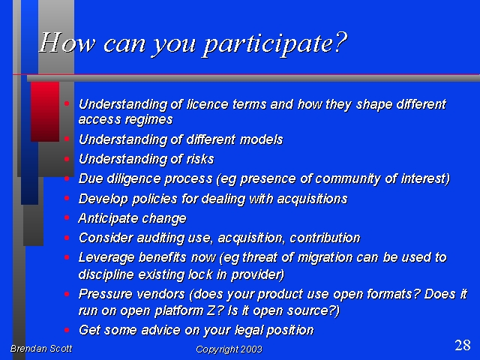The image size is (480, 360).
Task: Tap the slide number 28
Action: [463, 345]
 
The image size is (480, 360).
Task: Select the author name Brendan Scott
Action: [41, 348]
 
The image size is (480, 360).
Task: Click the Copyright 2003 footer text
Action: [229, 349]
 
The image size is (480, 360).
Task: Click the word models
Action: [262, 139]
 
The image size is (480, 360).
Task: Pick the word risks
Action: [200, 159]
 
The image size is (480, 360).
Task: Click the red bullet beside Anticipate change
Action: [67, 217]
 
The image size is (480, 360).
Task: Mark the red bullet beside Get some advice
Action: [67, 330]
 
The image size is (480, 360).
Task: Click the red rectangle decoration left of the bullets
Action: [45, 112]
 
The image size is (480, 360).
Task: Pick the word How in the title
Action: [67, 43]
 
